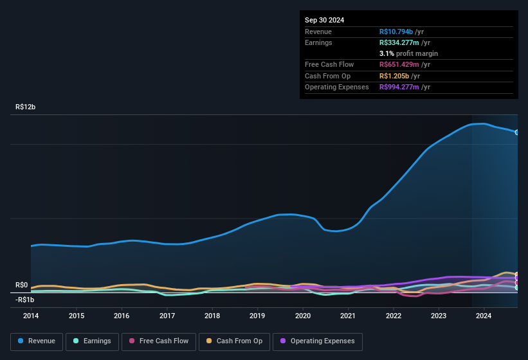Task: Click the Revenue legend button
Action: pyautogui.click(x=37, y=341)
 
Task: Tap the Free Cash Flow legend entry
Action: pyautogui.click(x=159, y=341)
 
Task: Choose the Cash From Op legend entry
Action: pyautogui.click(x=233, y=341)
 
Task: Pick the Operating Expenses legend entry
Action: pyautogui.click(x=318, y=341)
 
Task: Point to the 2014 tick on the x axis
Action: pyautogui.click(x=31, y=316)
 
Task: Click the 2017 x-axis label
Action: pyautogui.click(x=167, y=316)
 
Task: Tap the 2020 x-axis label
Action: pyautogui.click(x=303, y=316)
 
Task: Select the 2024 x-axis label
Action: pyautogui.click(x=484, y=316)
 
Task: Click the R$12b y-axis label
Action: pyautogui.click(x=26, y=107)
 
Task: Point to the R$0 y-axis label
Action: pyautogui.click(x=22, y=285)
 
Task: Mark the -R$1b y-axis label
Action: pyautogui.click(x=25, y=300)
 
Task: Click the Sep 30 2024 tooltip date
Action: pyautogui.click(x=325, y=20)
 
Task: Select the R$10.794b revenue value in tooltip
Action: pyautogui.click(x=396, y=32)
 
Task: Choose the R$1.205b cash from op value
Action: pyautogui.click(x=394, y=76)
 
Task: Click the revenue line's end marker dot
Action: pyautogui.click(x=517, y=132)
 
